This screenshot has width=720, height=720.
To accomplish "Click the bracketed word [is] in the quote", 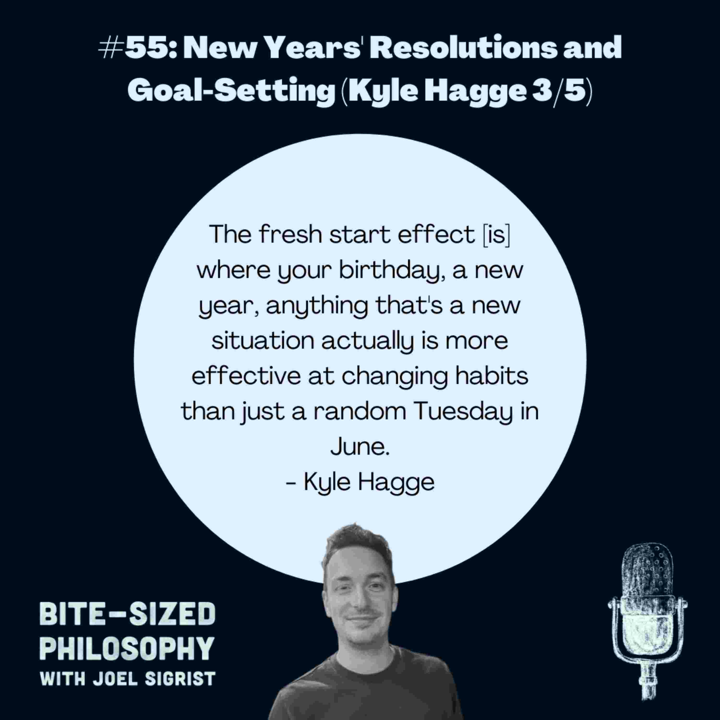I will click(x=496, y=234).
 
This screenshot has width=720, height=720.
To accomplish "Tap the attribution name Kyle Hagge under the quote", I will click(x=369, y=482).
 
